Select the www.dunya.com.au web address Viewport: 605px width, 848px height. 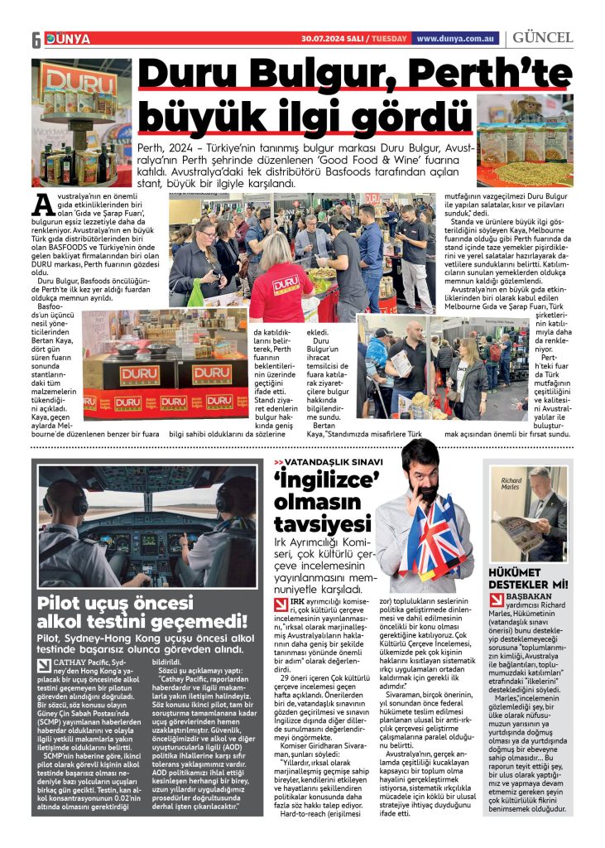pyautogui.click(x=456, y=38)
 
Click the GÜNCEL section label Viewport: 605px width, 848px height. pyautogui.click(x=543, y=38)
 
